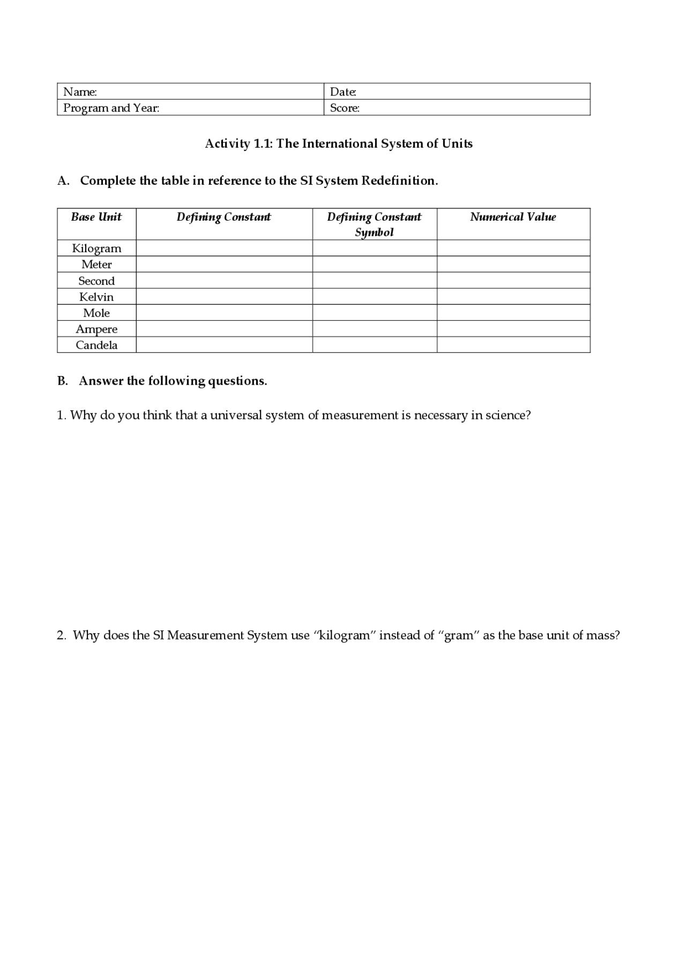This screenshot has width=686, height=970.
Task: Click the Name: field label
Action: point(80,92)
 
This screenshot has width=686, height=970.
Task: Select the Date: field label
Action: point(343,92)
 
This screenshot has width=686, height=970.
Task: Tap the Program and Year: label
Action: point(111,108)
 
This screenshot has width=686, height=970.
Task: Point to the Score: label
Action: point(345,108)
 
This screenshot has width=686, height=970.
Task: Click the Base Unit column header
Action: point(96,217)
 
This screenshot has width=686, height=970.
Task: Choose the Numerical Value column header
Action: point(513,217)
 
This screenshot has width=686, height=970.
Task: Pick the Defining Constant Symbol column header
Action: point(374,224)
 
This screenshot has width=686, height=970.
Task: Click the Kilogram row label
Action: point(96,249)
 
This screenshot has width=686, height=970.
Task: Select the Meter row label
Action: point(96,265)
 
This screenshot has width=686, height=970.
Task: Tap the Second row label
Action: point(96,281)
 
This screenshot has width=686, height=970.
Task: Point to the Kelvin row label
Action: point(96,297)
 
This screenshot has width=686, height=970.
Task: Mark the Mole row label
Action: point(96,313)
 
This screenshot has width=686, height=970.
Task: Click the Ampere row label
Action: point(96,329)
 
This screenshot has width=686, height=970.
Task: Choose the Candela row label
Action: point(96,345)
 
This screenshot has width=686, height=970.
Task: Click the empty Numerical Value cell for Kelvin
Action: point(513,297)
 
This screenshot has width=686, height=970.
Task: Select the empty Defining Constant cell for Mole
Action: point(224,313)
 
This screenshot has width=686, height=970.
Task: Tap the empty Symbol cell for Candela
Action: point(374,345)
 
